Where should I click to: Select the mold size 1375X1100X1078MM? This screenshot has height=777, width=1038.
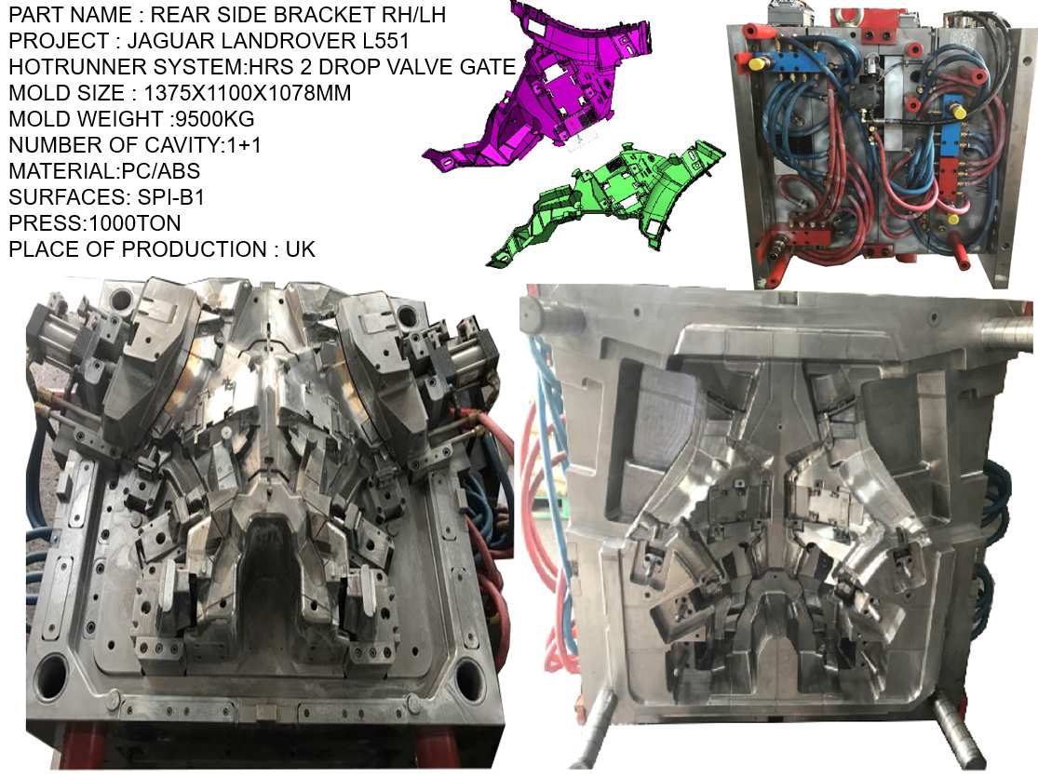tap(244, 94)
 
